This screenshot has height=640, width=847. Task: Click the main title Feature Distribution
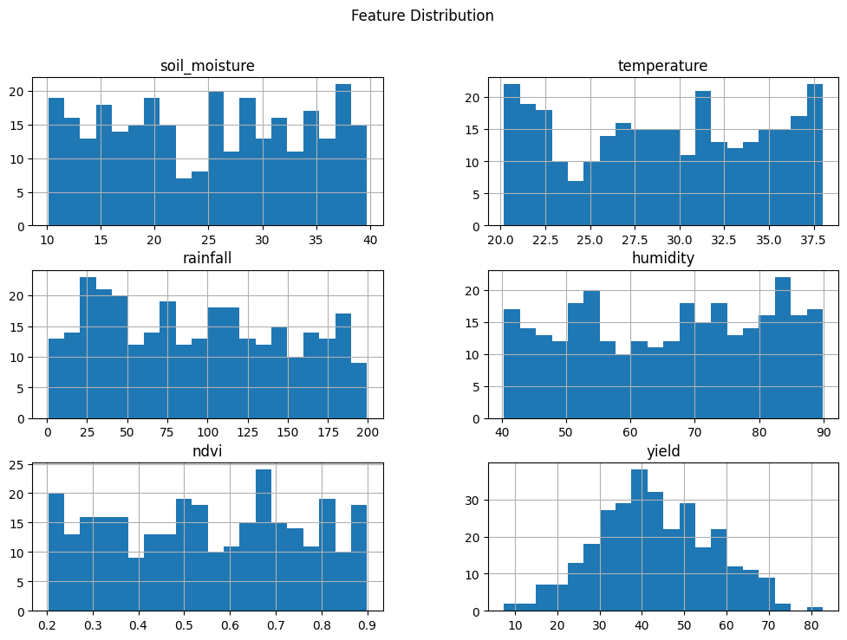click(422, 16)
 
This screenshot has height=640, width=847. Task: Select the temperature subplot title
click(662, 66)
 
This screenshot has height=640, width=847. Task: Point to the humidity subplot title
click(662, 258)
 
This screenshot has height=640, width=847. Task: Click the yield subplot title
click(662, 450)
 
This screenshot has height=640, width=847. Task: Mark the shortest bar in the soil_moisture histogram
click(184, 203)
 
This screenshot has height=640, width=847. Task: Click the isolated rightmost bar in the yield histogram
click(815, 609)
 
